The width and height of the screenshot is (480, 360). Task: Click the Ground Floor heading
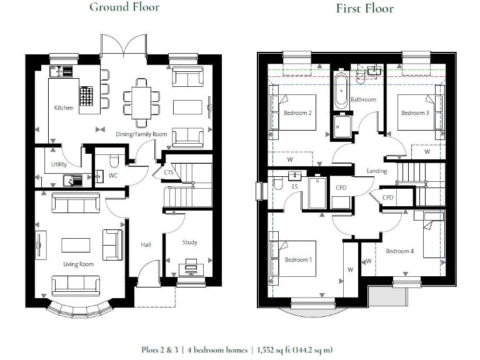point(124,7)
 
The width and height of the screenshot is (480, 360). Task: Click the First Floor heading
point(365,8)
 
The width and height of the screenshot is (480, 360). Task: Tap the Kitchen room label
point(64,107)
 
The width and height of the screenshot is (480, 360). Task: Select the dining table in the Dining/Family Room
point(141,103)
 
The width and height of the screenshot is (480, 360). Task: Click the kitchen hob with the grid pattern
point(86,96)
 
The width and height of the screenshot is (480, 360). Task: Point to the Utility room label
point(59,164)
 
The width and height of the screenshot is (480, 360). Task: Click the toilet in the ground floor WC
point(114,161)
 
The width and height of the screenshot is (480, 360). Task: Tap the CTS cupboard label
point(169,172)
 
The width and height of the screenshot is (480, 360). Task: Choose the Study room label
point(190,242)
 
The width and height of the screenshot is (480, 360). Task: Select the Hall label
point(146,244)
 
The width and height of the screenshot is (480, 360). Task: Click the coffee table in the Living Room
point(76,245)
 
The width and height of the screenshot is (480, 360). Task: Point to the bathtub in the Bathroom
point(341,90)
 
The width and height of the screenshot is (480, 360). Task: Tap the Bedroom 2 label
point(297,113)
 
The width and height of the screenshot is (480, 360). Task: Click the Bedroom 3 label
point(415,113)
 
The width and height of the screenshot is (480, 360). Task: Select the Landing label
point(377,171)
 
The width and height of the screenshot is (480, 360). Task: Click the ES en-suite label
point(295,187)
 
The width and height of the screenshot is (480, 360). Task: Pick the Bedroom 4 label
point(400,251)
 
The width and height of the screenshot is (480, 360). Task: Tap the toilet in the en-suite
point(278,183)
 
